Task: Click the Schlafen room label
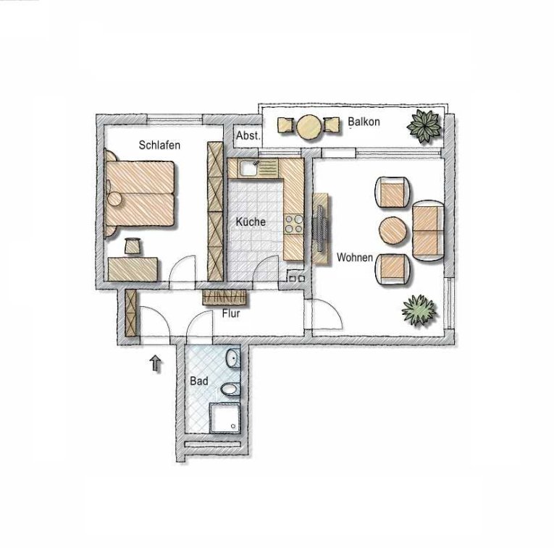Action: (x=159, y=145)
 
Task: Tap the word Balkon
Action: (x=364, y=122)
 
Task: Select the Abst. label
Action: (x=248, y=135)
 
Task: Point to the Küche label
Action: (x=251, y=222)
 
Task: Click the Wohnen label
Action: (x=354, y=258)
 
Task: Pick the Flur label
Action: (x=231, y=313)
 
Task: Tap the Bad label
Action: (x=199, y=381)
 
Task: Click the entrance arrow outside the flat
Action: (x=156, y=363)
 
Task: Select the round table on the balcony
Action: (x=309, y=127)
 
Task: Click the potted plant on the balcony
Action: (x=424, y=126)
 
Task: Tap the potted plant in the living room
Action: (x=419, y=310)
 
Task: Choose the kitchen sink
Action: (x=248, y=168)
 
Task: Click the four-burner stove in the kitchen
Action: (x=294, y=224)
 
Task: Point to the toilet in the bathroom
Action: (x=230, y=389)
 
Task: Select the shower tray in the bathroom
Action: (x=225, y=418)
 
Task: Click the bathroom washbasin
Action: (x=233, y=358)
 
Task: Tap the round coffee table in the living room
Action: (x=393, y=230)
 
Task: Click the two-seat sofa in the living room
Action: (x=428, y=231)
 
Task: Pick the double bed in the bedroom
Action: (x=140, y=193)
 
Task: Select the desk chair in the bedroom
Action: (x=133, y=245)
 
